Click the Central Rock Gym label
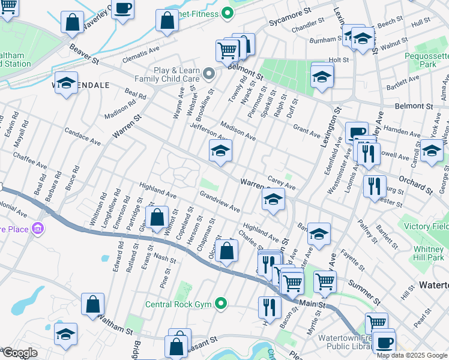pos(178,304)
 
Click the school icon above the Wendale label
pos(66,83)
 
